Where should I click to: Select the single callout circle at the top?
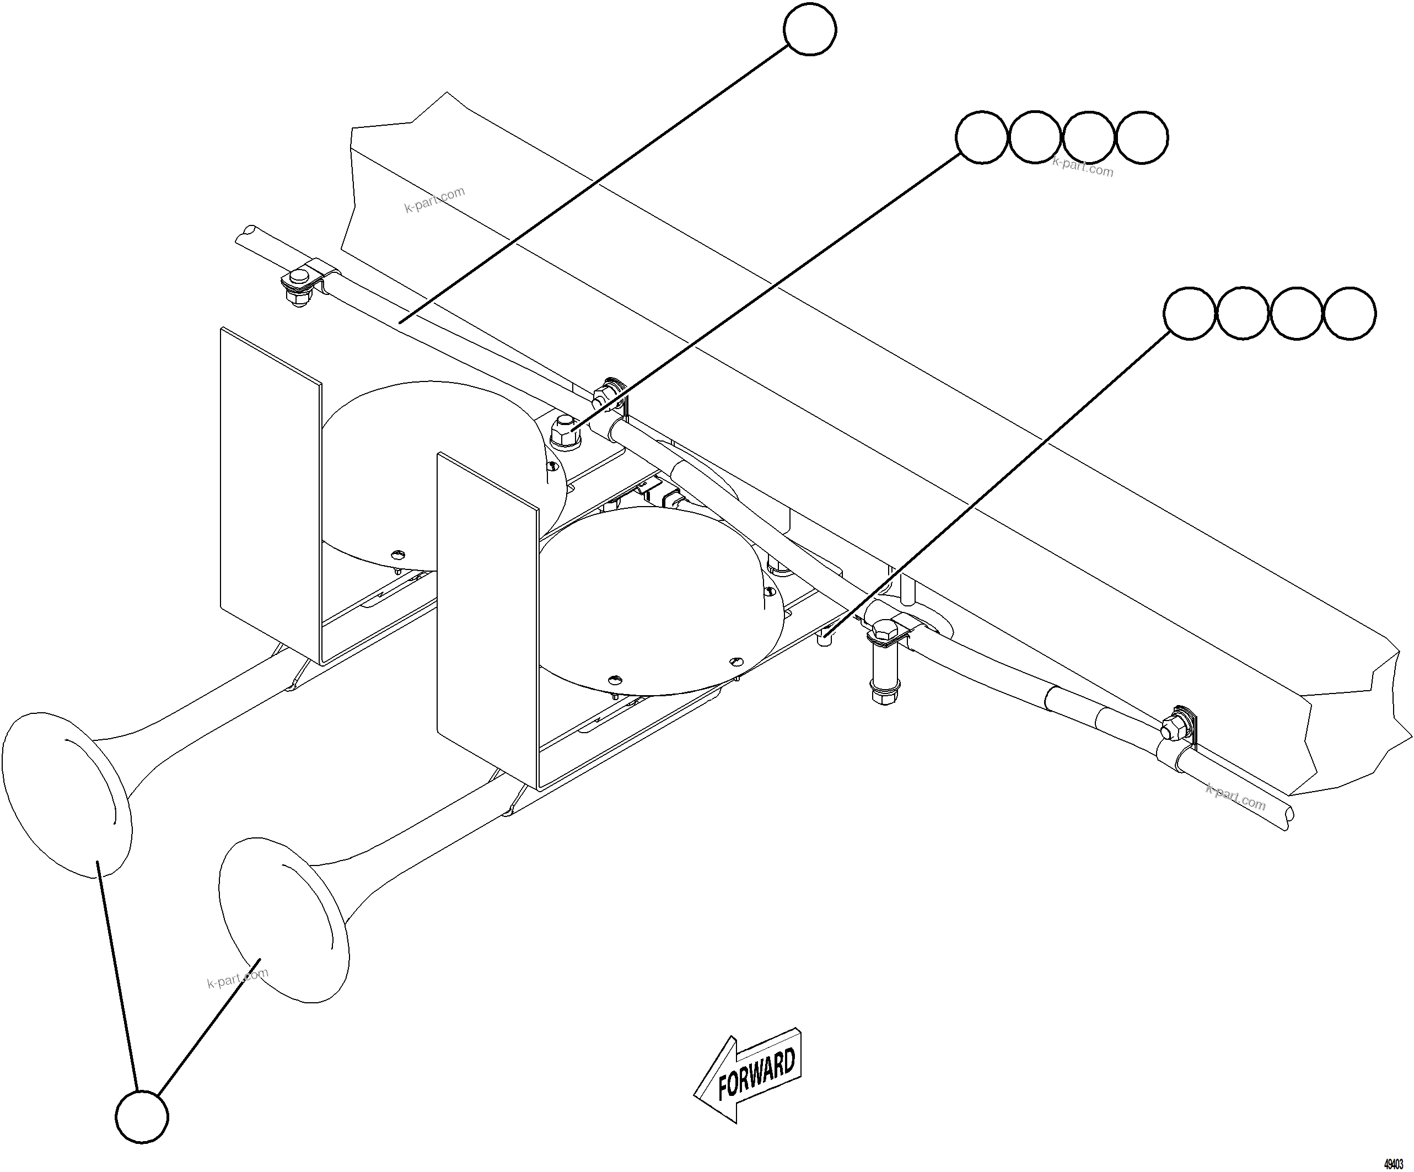click(x=810, y=30)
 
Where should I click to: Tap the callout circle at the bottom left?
click(x=141, y=1117)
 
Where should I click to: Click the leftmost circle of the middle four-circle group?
click(x=982, y=137)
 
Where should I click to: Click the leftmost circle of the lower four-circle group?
click(x=1190, y=314)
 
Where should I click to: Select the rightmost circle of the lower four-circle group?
click(x=1350, y=314)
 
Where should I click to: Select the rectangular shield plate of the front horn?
click(x=487, y=619)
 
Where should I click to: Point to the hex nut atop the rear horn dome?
click(x=566, y=433)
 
